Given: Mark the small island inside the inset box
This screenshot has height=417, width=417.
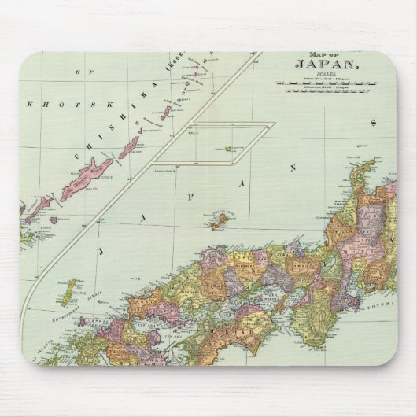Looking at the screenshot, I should (x=229, y=149).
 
